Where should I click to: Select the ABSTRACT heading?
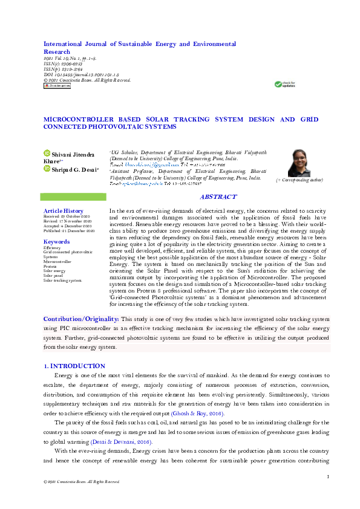[218, 197]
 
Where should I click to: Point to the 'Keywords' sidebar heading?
[56, 242]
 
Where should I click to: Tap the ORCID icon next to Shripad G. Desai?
[47, 169]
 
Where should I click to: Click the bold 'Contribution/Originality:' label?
[80, 319]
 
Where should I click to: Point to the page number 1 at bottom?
[327, 477]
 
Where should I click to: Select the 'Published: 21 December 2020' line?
[69, 230]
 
